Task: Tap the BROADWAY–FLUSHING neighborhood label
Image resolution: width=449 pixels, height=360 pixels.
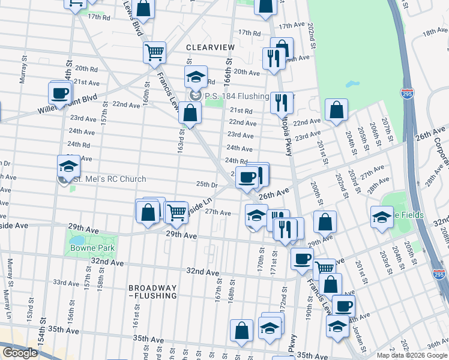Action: pyautogui.click(x=152, y=292)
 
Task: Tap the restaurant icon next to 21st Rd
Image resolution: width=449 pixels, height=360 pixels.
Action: pyautogui.click(x=280, y=103)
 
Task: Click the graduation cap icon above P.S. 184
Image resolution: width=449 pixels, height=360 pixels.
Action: pyautogui.click(x=195, y=77)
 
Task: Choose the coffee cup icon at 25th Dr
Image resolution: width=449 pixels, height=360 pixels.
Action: pyautogui.click(x=247, y=178)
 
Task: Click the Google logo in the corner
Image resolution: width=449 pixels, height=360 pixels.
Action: pyautogui.click(x=20, y=353)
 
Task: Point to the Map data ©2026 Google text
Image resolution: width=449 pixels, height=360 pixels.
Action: pyautogui.click(x=412, y=355)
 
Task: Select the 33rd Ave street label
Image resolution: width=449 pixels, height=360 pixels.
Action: pyautogui.click(x=66, y=282)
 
